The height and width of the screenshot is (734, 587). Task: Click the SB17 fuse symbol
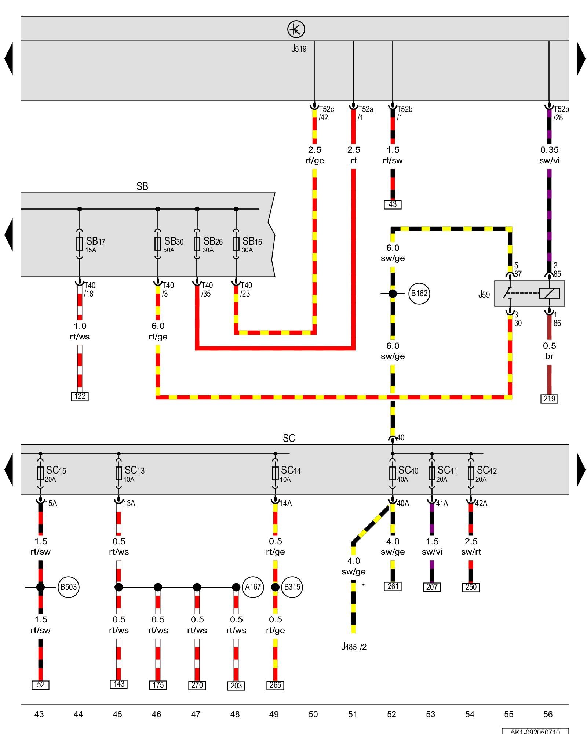pos(80,243)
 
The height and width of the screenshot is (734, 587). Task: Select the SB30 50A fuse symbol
pos(158,243)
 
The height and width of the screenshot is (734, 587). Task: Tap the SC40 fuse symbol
pos(393,473)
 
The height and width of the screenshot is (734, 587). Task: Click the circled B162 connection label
pos(419,294)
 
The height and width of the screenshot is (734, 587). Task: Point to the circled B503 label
pos(69,587)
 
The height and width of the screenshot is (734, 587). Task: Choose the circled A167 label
pos(253,587)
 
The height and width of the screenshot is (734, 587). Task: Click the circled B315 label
pos(292,587)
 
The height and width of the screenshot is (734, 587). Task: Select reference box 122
pos(80,396)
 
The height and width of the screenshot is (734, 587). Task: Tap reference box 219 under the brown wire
pos(549,399)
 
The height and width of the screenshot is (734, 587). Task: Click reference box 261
pos(393,586)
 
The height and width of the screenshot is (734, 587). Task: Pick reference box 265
pos(275,685)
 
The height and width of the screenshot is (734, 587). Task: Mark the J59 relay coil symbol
pos(549,293)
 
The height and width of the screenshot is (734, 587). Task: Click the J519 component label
pos(299,48)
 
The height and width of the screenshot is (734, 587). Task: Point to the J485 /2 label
pos(354,647)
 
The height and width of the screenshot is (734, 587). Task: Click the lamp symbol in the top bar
pos(296,29)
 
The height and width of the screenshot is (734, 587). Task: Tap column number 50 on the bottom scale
pos(313,714)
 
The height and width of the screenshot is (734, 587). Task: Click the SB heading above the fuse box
pos(142,186)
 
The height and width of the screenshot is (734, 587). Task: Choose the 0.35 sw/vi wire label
pos(549,155)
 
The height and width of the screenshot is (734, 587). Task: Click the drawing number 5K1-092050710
pos(535,731)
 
